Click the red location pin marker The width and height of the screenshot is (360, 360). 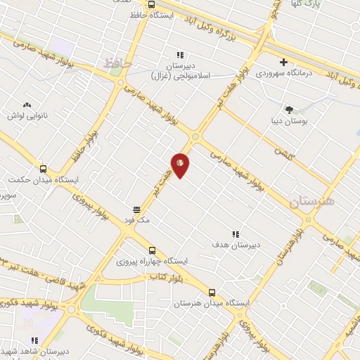[180, 164]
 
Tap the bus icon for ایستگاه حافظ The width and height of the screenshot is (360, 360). [152, 4]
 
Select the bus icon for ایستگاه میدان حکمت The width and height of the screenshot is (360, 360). [44, 169]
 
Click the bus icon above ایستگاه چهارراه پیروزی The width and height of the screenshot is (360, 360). [153, 250]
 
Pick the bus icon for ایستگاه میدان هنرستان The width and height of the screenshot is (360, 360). [212, 292]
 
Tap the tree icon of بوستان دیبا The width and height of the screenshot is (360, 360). [289, 109]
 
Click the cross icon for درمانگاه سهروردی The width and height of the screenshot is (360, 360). [283, 62]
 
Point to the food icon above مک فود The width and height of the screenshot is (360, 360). [137, 210]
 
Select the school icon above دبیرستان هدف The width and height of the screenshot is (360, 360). [236, 234]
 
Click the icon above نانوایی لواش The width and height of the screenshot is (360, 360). [27, 103]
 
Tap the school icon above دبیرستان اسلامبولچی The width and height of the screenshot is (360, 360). [179, 55]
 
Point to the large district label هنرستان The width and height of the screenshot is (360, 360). [313, 202]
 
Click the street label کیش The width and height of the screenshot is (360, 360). [282, 151]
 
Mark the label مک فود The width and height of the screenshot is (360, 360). [137, 220]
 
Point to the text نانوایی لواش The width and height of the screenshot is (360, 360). [26, 114]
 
